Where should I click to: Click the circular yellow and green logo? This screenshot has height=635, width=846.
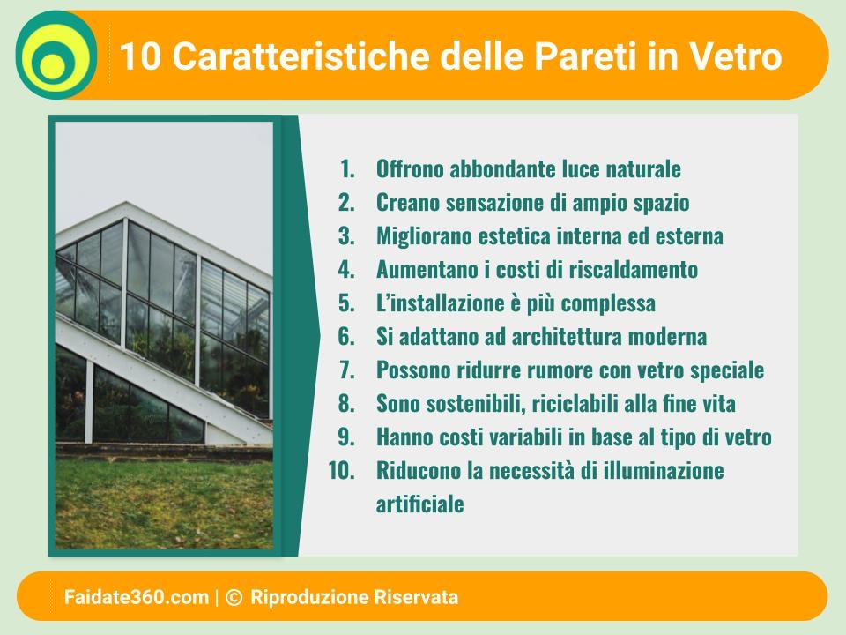pos(56,55)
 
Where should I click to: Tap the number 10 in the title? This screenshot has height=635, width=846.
pos(140,56)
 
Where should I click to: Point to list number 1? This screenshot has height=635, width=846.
pos(347,169)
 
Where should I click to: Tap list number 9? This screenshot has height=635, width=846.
pos(346,437)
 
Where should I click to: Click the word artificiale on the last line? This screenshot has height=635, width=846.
pos(419,504)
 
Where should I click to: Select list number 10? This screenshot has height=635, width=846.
pos(342,471)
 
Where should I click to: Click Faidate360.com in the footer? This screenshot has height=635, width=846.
pos(137,597)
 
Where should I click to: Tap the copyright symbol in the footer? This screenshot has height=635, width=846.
pos(233,597)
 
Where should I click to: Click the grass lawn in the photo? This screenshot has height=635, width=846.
pos(164,504)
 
